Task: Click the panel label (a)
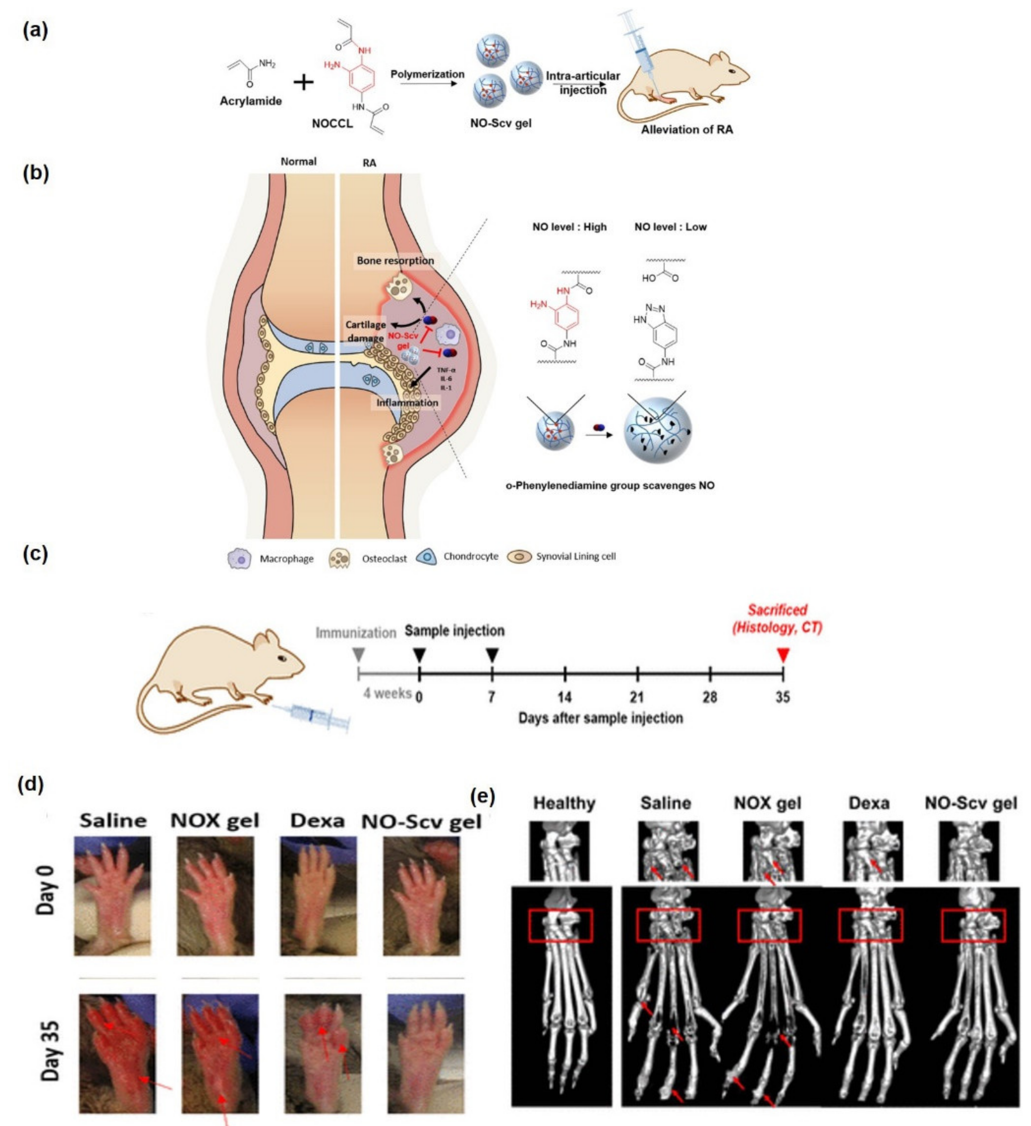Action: [35, 30]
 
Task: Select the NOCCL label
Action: [332, 124]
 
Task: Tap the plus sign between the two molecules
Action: [304, 83]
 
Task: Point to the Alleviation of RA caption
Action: [686, 130]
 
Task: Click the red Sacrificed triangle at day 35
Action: [783, 655]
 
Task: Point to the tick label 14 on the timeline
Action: [565, 697]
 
